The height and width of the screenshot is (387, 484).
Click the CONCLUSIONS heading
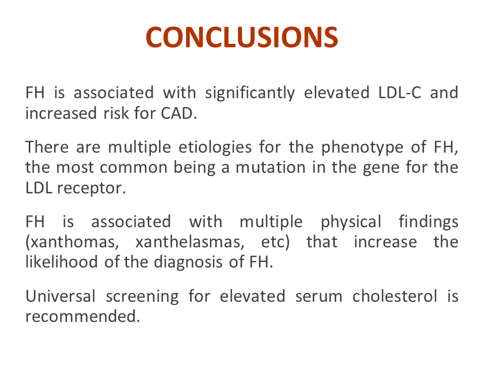[242, 37]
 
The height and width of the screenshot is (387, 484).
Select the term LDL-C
[400, 93]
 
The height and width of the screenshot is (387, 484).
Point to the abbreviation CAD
[178, 113]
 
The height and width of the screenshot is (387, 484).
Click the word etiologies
[215, 148]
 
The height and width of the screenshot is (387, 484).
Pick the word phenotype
[362, 148]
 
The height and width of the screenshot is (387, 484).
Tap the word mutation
[270, 168]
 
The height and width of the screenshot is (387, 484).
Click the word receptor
[91, 188]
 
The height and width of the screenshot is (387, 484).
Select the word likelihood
[62, 262]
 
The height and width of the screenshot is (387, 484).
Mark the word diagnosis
[188, 263]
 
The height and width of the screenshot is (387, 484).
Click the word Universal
[60, 296]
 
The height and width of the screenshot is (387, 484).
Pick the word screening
[142, 297]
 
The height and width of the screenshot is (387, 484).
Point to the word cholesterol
[395, 296]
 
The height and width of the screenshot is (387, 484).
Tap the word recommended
[82, 316]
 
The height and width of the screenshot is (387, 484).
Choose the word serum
[319, 297]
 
